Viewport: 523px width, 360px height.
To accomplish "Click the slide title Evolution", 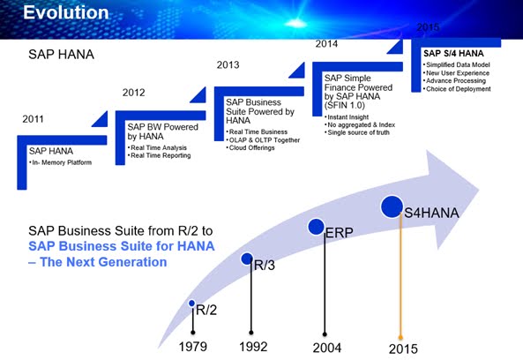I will tap(65, 12).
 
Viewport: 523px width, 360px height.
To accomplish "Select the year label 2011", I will tap(32, 117).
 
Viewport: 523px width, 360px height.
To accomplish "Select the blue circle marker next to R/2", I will tap(192, 304).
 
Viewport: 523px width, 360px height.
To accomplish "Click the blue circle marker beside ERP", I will tap(316, 227).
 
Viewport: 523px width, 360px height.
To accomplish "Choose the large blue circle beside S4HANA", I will tap(392, 207).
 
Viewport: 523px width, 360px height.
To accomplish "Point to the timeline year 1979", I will tap(193, 347).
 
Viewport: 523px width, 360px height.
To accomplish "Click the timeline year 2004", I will tap(326, 347).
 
